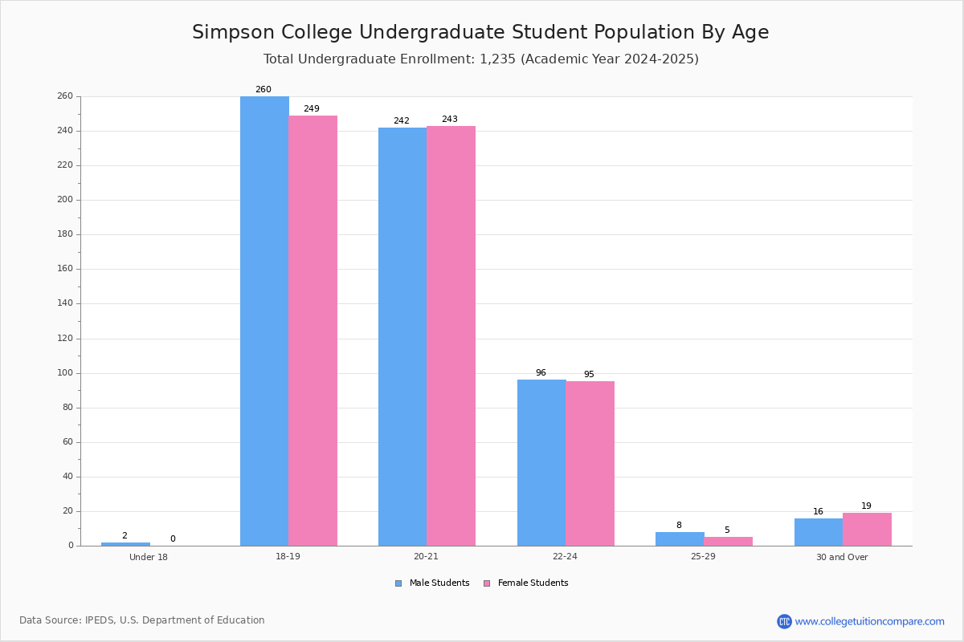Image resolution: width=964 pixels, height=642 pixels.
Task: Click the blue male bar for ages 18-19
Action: pyautogui.click(x=264, y=321)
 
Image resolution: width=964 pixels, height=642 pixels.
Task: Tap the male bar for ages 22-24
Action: pyautogui.click(x=541, y=462)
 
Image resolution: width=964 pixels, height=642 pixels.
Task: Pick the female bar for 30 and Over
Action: pyautogui.click(x=867, y=530)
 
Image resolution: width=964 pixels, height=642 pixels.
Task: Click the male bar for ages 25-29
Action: pyautogui.click(x=680, y=538)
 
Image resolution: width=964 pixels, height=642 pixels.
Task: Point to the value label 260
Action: pyautogui.click(x=263, y=90)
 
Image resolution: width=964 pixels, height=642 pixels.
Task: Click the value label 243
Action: pyautogui.click(x=450, y=120)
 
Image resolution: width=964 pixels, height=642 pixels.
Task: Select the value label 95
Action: pyautogui.click(x=589, y=375)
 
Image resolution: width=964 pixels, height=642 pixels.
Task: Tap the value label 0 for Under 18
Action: pyautogui.click(x=173, y=539)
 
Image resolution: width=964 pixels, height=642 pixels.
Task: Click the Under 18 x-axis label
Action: pyautogui.click(x=149, y=557)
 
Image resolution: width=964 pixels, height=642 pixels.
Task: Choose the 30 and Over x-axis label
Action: pyautogui.click(x=842, y=557)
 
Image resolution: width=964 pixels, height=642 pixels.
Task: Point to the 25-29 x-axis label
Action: pyautogui.click(x=704, y=557)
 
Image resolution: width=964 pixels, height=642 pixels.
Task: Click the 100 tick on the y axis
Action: pyautogui.click(x=65, y=373)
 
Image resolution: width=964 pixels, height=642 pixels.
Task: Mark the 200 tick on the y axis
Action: pyautogui.click(x=65, y=200)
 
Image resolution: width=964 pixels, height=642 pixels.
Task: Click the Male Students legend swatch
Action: pyautogui.click(x=398, y=583)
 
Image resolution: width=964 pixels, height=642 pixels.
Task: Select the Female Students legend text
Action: pyautogui.click(x=533, y=583)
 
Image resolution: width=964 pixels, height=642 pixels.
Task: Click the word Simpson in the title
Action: pyautogui.click(x=229, y=33)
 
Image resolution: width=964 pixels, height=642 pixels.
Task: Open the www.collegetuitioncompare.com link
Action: pyautogui.click(x=869, y=621)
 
